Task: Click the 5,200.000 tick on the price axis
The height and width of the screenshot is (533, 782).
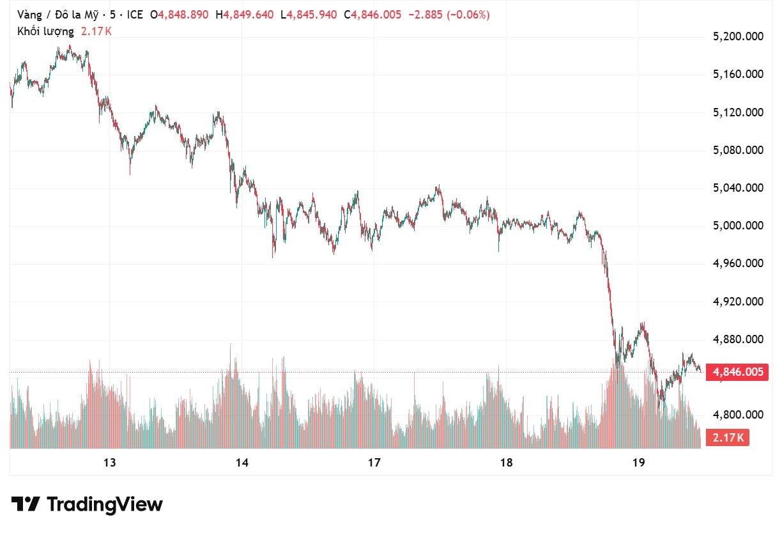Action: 738,37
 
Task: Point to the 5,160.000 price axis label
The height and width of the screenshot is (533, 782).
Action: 738,75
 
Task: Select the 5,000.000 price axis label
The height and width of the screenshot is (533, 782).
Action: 738,226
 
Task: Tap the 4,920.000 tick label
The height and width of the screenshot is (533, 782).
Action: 738,302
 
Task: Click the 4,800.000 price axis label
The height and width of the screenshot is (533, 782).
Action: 738,415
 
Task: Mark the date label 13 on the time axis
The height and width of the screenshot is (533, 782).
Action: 109,463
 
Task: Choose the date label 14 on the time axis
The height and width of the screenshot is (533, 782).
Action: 241,463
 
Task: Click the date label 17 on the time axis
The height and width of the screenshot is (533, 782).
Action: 374,463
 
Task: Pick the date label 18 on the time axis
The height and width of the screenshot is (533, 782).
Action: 506,463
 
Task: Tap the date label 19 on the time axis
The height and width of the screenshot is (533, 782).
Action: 638,463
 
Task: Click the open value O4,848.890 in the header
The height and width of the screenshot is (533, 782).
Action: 179,15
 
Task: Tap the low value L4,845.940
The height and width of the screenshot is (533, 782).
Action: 309,15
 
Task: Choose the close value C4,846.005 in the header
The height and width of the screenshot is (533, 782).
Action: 372,15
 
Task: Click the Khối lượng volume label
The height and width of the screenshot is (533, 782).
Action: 45,31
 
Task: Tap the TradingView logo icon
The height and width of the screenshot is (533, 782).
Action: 26,504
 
